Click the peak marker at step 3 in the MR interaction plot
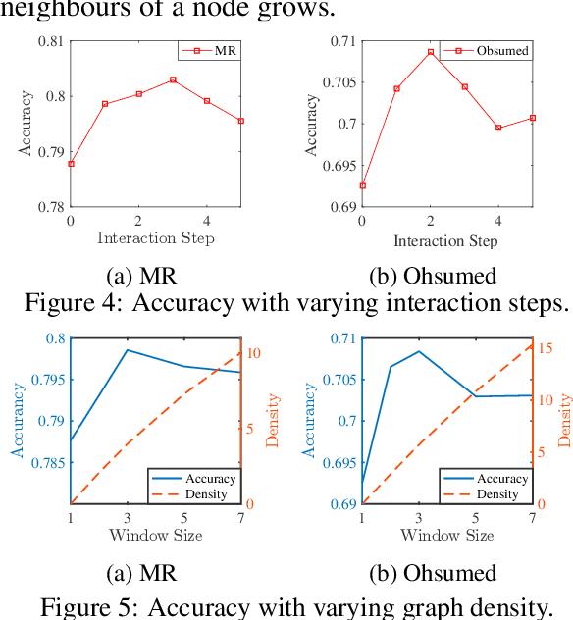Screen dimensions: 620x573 173,79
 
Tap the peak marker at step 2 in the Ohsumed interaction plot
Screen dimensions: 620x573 430,52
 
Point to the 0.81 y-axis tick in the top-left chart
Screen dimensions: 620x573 49,41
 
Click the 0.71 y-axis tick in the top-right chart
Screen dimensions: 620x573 342,41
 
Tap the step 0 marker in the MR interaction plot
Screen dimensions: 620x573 71,164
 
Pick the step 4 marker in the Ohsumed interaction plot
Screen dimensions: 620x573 498,128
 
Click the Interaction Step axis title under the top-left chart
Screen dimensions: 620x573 155,238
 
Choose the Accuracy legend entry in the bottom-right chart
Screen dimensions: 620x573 499,479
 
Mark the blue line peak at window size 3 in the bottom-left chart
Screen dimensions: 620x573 127,349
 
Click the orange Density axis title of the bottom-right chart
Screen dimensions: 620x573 566,421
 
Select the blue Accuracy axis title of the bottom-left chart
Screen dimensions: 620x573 17,421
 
